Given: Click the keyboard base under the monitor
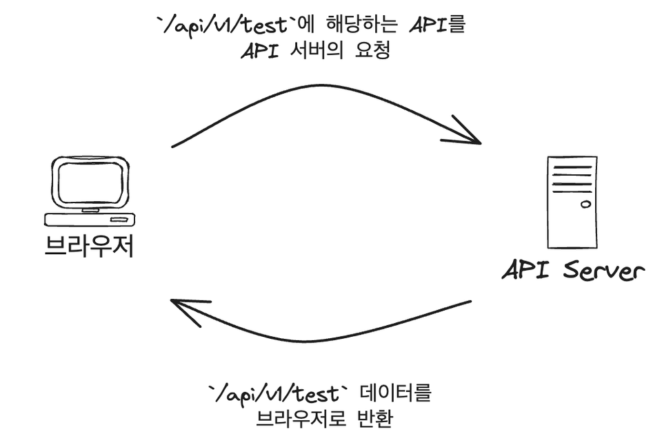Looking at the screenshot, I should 89,220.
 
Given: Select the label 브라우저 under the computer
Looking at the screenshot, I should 88,247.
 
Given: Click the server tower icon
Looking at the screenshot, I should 572,201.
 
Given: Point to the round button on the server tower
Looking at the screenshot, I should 585,204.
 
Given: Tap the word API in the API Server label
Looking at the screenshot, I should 525,270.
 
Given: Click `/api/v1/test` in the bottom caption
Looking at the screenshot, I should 276,394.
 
